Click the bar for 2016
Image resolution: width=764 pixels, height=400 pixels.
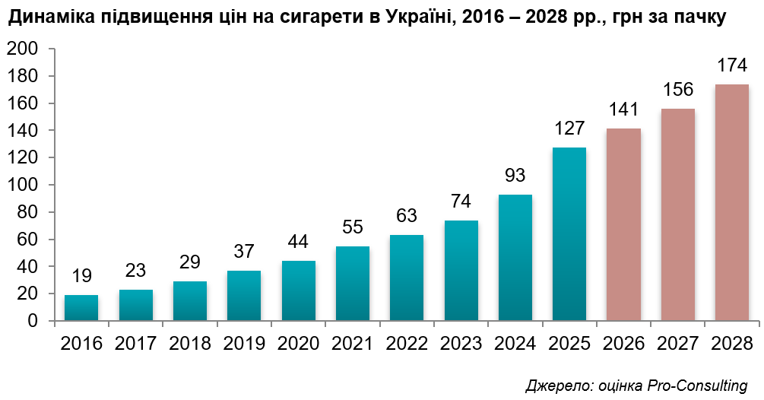click(81, 308)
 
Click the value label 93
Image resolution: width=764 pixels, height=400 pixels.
click(515, 176)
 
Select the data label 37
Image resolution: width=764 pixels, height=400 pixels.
click(244, 252)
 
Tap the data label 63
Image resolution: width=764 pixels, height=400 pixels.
click(407, 216)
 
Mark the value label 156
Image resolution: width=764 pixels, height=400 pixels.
click(677, 90)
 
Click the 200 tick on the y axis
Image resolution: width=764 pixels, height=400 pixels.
click(21, 49)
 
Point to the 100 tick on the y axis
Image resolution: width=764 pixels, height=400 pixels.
click(21, 186)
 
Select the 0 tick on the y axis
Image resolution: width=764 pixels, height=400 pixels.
click(33, 322)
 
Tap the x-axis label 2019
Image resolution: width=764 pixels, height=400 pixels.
click(244, 343)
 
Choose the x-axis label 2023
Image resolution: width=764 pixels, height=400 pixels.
click(461, 343)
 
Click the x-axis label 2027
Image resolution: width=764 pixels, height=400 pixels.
click(677, 343)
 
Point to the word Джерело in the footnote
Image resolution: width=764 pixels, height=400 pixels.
click(551, 385)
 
